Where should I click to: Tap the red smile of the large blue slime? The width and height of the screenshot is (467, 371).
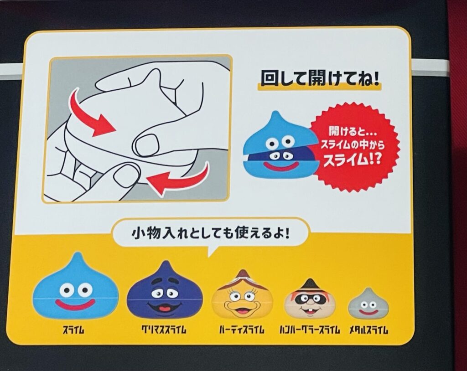pyautogui.click(x=75, y=304)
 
